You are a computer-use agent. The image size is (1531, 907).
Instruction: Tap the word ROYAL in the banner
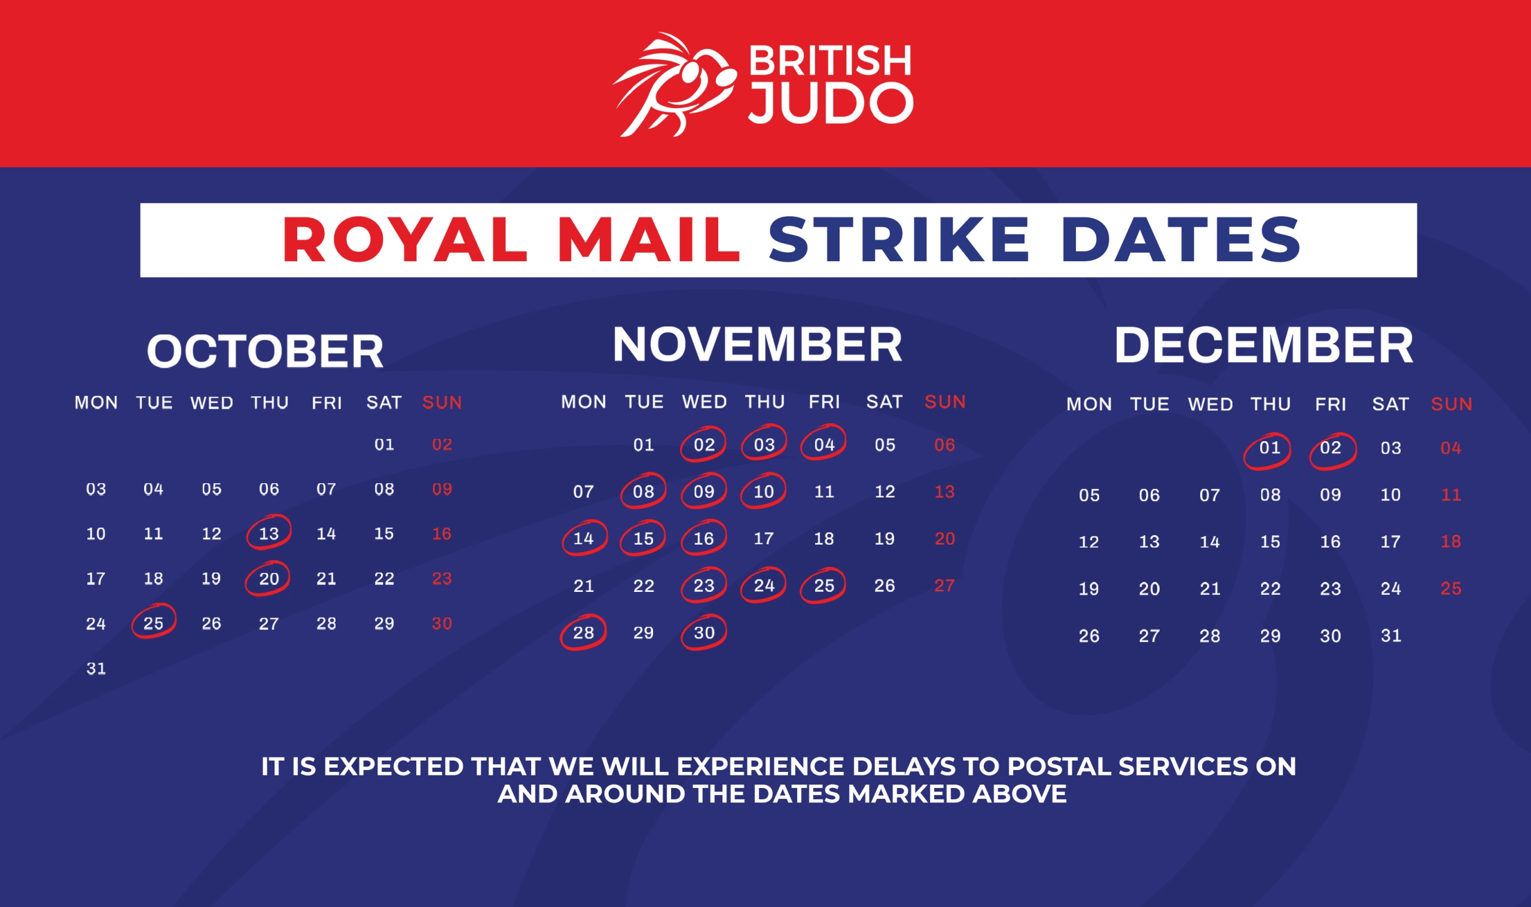(x=405, y=240)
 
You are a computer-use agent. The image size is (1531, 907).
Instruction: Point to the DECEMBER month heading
(x=1264, y=345)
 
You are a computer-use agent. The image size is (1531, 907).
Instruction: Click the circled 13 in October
(x=269, y=533)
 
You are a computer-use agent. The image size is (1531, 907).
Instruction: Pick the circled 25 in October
(x=154, y=622)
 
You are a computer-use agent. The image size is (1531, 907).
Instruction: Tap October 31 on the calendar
(x=96, y=668)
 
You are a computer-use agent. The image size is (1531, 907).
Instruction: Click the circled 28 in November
(x=584, y=633)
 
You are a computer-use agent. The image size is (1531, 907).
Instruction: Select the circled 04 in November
(x=824, y=444)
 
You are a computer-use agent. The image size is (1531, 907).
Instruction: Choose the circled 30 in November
(x=704, y=633)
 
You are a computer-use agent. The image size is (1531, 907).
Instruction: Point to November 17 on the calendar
(x=764, y=539)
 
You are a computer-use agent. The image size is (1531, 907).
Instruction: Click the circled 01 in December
(x=1268, y=450)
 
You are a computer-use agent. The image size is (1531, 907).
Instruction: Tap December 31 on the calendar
(x=1391, y=636)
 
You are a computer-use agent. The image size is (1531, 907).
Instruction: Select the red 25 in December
(x=1451, y=588)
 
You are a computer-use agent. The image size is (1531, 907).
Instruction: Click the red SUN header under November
(x=945, y=402)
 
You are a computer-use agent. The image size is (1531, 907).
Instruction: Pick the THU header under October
(x=270, y=403)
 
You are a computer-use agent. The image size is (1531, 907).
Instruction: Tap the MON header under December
(x=1089, y=404)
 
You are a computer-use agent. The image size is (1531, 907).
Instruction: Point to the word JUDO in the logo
(x=831, y=103)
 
